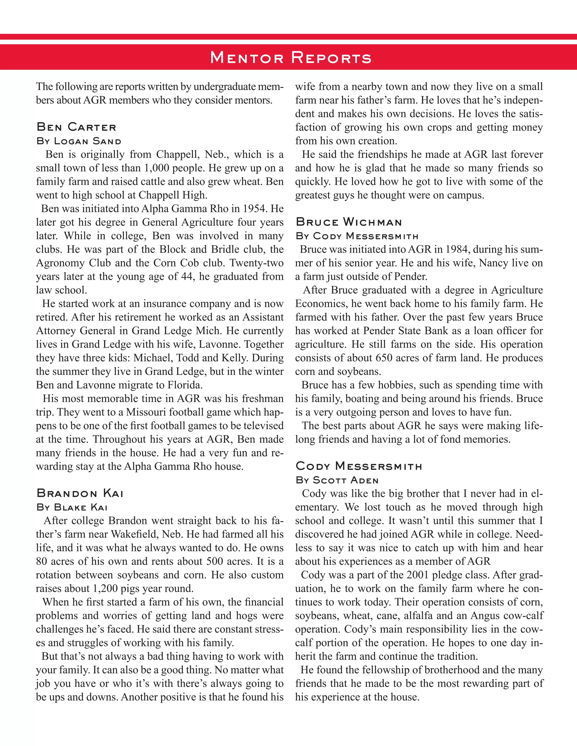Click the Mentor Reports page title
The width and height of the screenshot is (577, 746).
click(x=291, y=57)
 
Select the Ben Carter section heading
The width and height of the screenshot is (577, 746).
click(x=76, y=127)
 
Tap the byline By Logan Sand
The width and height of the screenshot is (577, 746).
click(x=79, y=141)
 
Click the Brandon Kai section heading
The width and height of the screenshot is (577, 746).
click(x=80, y=493)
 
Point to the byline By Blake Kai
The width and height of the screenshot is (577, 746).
click(x=72, y=507)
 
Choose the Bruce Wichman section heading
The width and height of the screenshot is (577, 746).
click(x=349, y=222)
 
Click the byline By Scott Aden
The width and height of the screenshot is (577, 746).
click(x=337, y=480)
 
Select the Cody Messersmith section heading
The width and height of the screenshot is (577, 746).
click(x=359, y=466)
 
